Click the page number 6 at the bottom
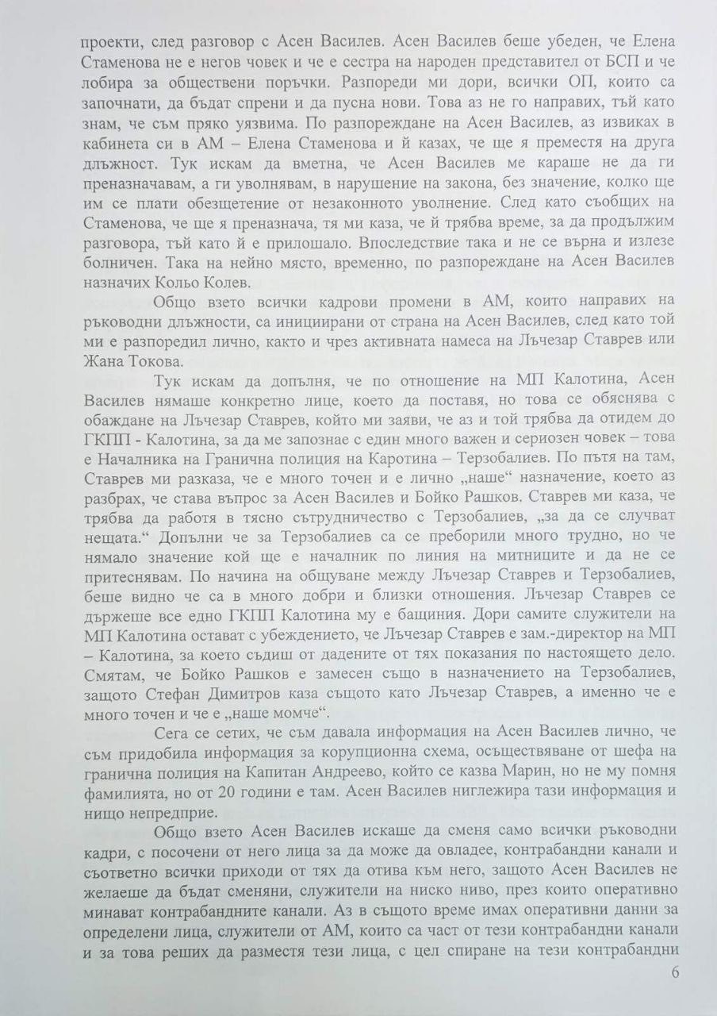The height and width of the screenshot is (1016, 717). [x=675, y=974]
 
